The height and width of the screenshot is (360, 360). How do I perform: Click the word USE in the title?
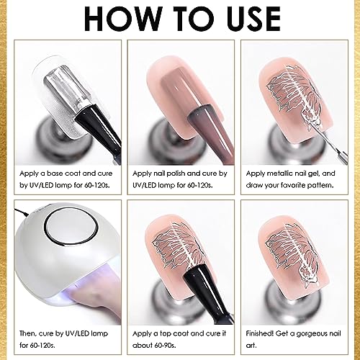(253, 19)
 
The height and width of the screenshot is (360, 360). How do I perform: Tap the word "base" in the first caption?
(55, 174)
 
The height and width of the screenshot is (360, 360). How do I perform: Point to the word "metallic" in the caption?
(279, 174)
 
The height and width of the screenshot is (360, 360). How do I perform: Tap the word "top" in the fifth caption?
(166, 333)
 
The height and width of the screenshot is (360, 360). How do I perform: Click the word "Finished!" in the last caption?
(260, 333)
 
